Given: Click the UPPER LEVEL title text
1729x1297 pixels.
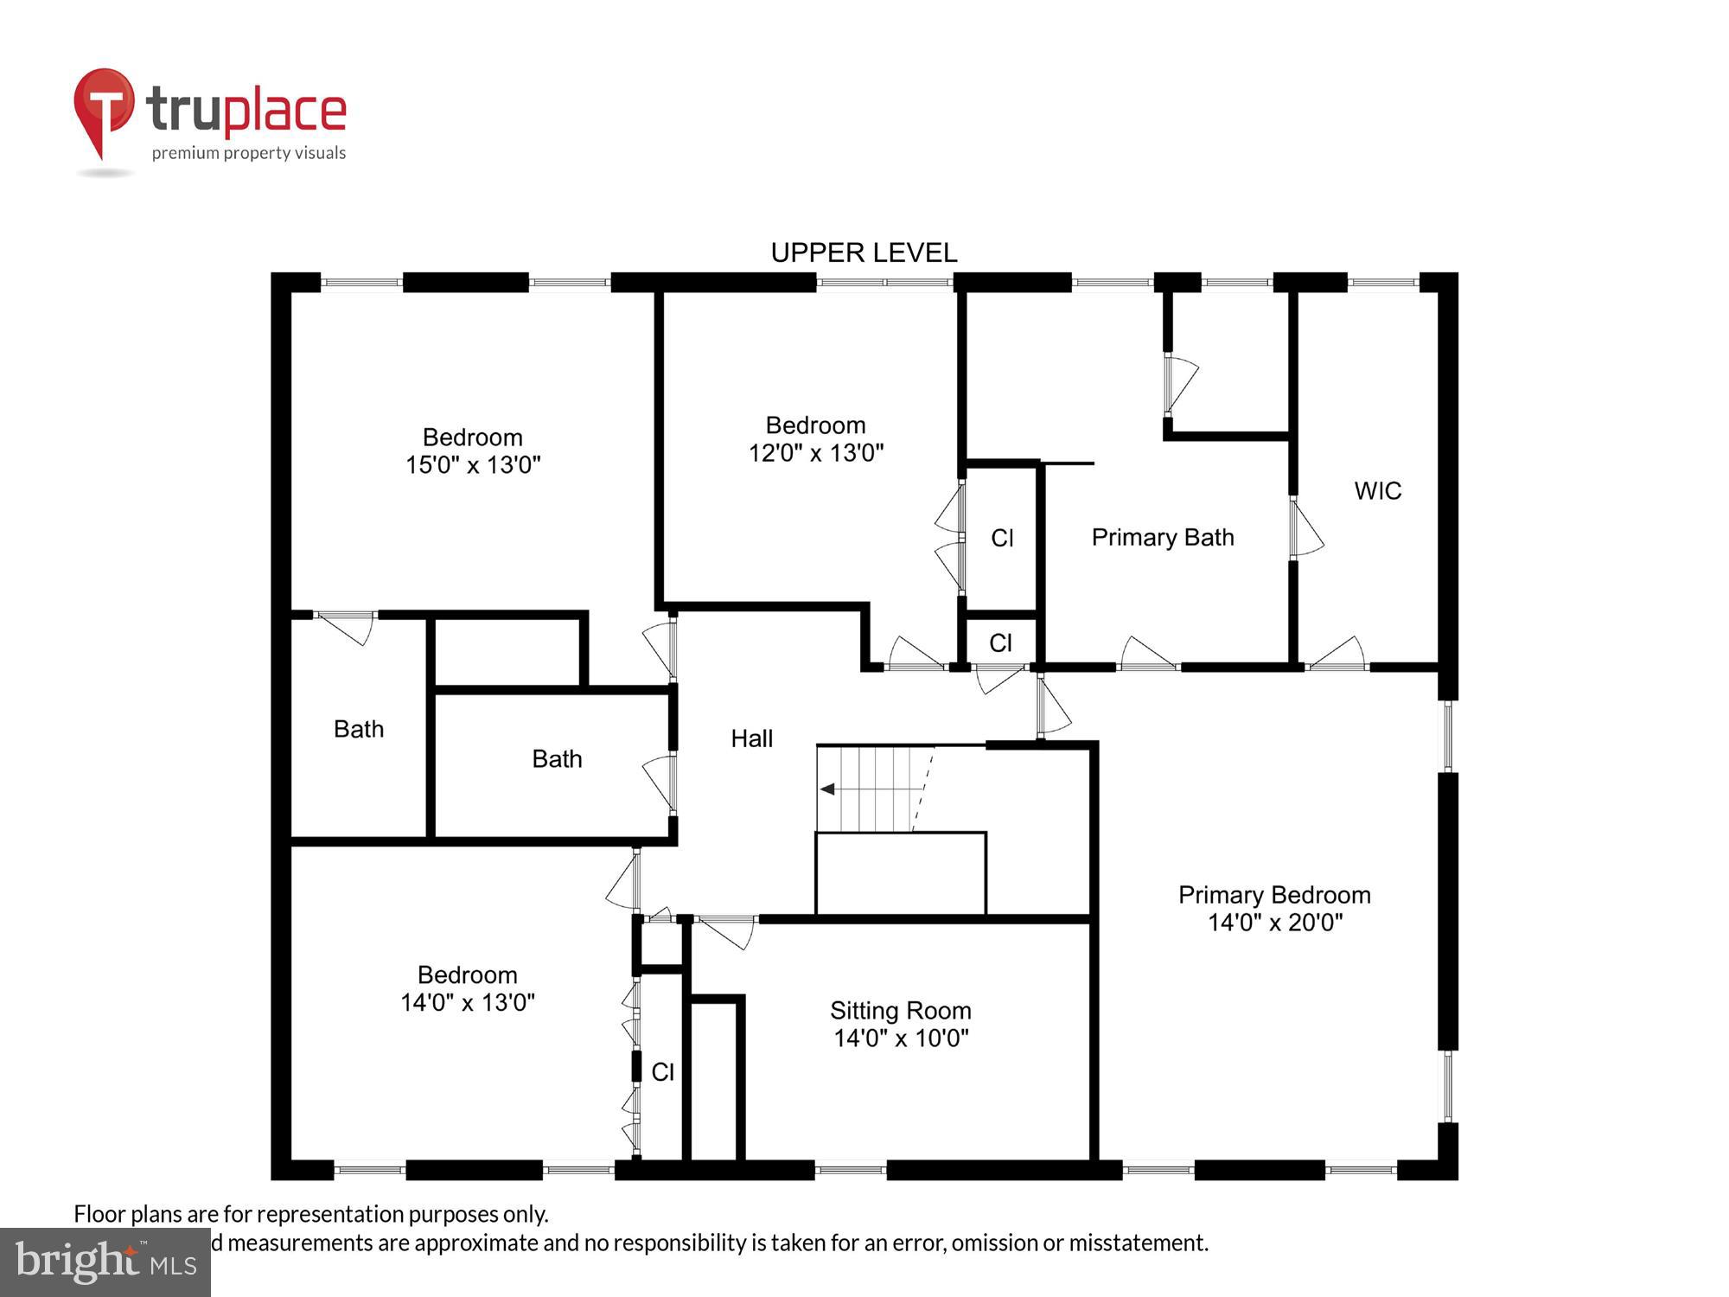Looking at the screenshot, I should (x=864, y=252).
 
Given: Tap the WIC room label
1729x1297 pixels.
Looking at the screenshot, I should (x=1377, y=491).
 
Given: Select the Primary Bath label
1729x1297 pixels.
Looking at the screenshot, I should (x=1162, y=538).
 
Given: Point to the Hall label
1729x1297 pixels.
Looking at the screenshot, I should (x=751, y=738).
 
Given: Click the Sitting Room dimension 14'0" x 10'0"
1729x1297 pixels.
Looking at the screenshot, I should (x=901, y=1038).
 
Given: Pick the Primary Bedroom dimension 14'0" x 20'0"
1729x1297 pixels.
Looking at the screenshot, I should (x=1274, y=923).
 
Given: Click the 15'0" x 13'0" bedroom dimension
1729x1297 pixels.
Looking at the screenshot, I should (x=473, y=465).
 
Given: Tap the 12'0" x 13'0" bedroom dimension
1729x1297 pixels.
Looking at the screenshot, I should (x=815, y=453).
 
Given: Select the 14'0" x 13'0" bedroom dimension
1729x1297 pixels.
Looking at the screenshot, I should (x=467, y=1003).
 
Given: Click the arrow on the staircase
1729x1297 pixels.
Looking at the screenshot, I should (x=828, y=789).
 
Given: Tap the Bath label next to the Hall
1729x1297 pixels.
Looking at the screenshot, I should (x=557, y=759).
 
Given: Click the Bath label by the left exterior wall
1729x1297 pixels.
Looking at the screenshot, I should (x=359, y=730).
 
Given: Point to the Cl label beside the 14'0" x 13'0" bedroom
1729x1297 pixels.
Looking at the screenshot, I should (x=662, y=1072).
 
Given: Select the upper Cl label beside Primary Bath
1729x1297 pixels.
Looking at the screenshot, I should (x=1002, y=539).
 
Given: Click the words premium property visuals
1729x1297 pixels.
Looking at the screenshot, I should (x=249, y=154).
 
